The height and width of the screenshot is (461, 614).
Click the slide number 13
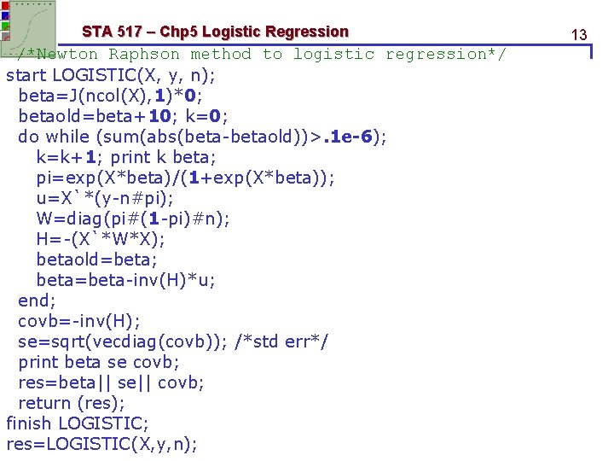579,35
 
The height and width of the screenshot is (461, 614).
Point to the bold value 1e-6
352,136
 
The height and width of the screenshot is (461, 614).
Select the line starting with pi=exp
186,177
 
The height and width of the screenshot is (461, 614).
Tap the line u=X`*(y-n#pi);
105,197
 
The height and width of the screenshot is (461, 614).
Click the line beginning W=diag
133,218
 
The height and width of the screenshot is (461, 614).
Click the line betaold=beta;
97,259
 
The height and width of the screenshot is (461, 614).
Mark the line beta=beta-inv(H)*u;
126,279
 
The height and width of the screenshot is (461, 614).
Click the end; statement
37,300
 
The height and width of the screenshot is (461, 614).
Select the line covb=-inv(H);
79,320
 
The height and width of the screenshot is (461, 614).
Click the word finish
30,423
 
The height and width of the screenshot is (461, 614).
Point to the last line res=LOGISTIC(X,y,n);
101,443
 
